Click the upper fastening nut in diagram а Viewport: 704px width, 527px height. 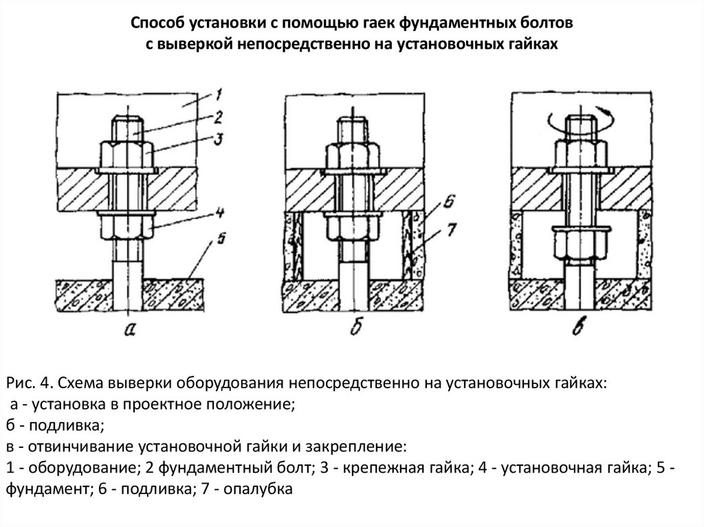(127, 154)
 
